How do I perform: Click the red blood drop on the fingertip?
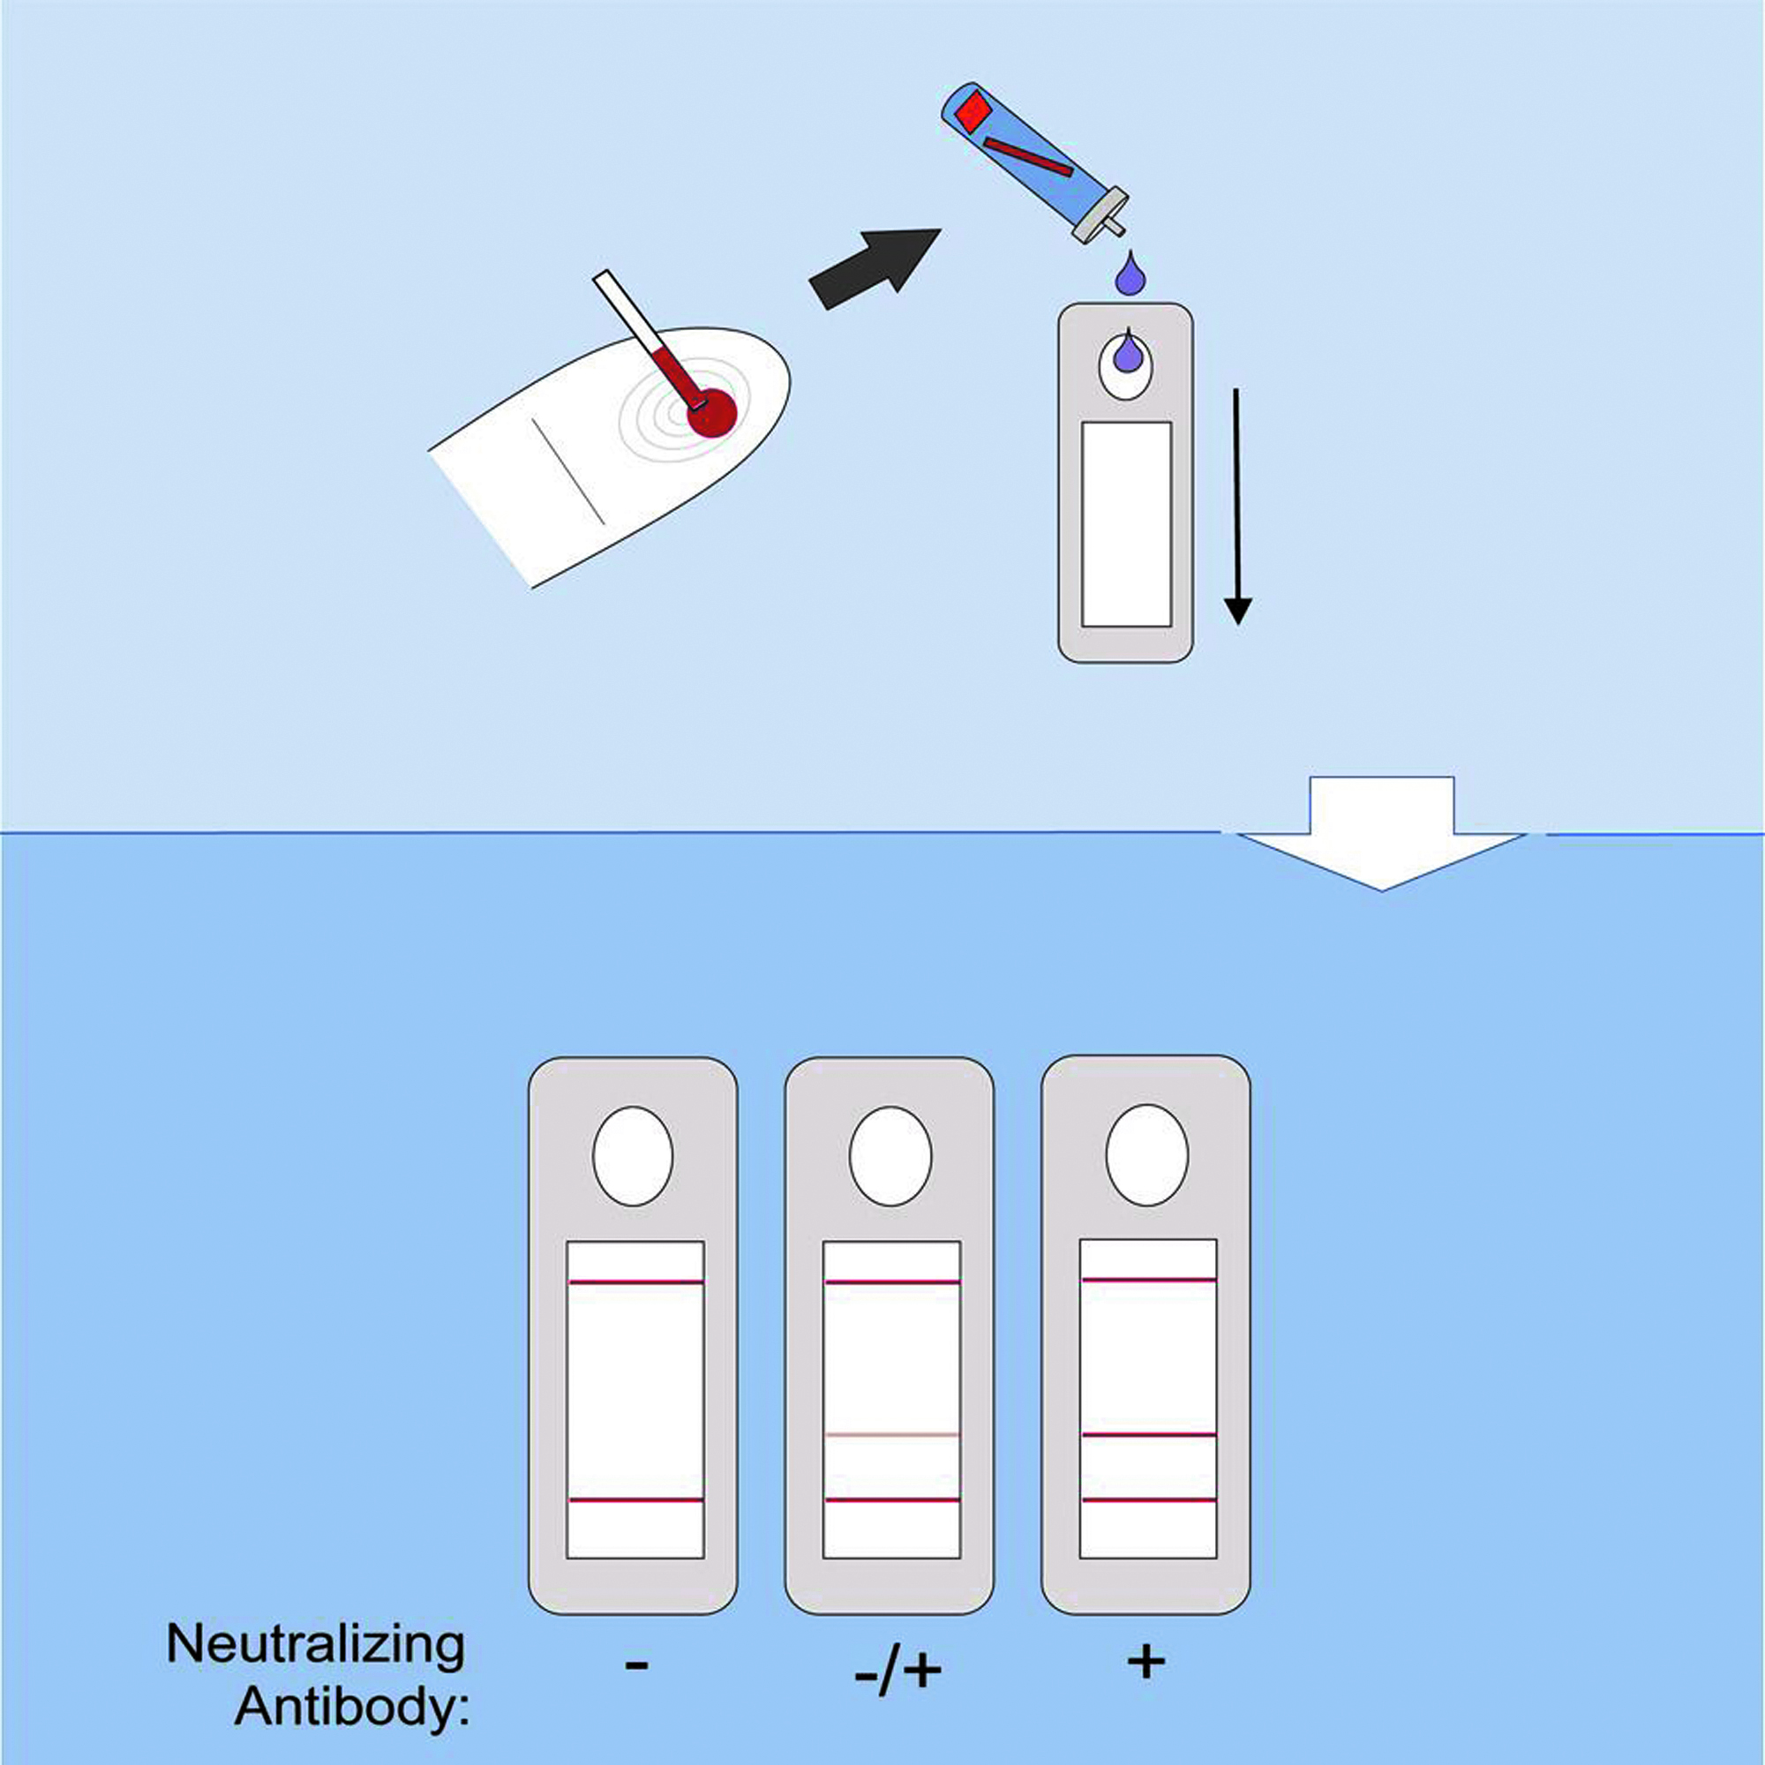coord(710,413)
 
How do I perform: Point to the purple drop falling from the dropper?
coord(1131,274)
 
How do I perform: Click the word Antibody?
coord(352,1706)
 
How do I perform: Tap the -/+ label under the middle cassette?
coord(898,1671)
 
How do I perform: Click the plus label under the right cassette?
coord(1145,1661)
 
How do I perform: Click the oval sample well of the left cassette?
coord(633,1157)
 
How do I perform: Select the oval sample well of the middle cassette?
coord(890,1157)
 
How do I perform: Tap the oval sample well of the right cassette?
coord(1146,1156)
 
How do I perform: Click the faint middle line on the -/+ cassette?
coord(891,1435)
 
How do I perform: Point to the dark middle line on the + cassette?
coord(1148,1435)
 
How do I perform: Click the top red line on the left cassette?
coord(635,1282)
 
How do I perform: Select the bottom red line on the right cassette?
coord(1148,1500)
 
